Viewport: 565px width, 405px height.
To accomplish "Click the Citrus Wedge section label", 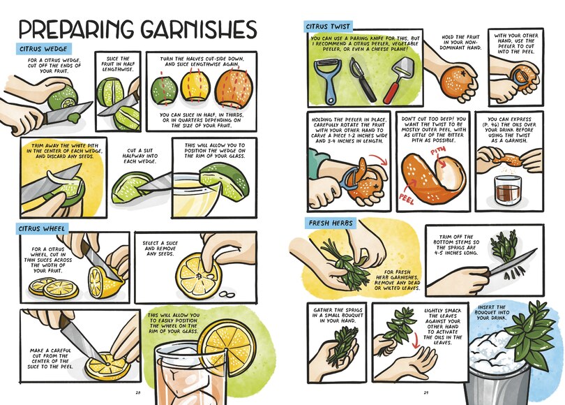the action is (44, 49).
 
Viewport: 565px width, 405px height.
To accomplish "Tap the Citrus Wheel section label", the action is (42, 228).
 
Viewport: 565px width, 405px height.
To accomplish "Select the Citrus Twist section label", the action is (328, 27).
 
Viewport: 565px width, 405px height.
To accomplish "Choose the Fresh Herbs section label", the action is (331, 223).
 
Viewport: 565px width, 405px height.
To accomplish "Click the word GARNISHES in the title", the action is (199, 29).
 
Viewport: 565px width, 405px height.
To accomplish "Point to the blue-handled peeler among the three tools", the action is (326, 80).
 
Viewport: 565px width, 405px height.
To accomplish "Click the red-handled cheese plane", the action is (398, 80).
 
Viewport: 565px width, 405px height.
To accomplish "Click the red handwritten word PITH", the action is (438, 151).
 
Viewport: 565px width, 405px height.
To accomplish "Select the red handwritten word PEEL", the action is (407, 198).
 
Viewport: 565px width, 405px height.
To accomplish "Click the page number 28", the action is (137, 392).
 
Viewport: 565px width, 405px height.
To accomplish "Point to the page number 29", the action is (426, 392).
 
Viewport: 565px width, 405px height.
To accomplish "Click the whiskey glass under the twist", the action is (508, 190).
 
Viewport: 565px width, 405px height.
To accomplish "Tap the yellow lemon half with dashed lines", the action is (195, 88).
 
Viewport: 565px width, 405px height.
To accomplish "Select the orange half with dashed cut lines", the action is (234, 89).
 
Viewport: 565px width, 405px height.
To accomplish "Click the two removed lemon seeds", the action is (227, 295).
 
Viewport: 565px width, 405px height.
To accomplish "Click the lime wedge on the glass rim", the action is (224, 181).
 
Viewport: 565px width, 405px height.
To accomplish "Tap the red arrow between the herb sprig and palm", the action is (415, 340).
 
